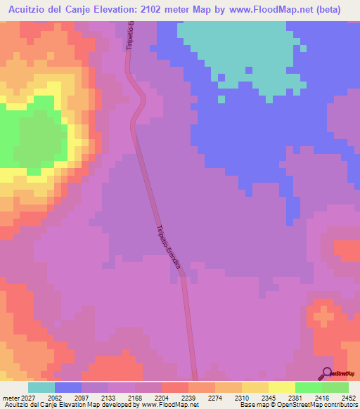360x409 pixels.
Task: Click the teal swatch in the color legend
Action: tap(41, 387)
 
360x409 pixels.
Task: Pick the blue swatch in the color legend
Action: tap(68, 387)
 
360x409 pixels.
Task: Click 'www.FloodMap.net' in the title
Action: tap(273, 10)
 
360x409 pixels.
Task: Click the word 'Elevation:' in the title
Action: tap(122, 10)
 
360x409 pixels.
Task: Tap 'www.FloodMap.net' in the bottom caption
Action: tap(169, 405)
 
